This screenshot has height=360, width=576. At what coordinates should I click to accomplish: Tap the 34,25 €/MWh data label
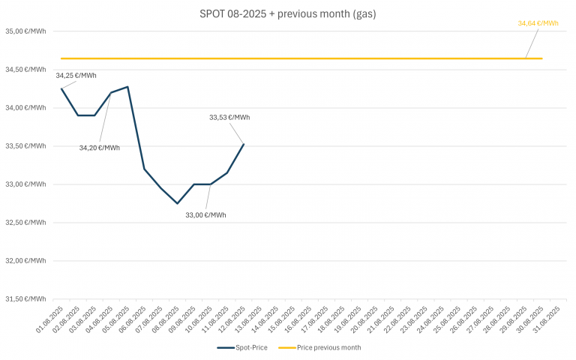tap(76, 75)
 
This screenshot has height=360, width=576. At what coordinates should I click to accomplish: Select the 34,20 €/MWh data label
tap(100, 148)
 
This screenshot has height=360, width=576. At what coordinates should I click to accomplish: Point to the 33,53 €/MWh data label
tap(229, 117)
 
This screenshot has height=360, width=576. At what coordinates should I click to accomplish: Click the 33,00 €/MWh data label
tap(206, 215)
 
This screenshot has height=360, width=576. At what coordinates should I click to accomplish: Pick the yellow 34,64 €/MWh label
tap(538, 23)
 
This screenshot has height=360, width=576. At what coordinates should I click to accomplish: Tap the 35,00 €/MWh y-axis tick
tap(25, 31)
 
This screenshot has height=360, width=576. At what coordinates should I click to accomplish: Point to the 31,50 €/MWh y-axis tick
tap(25, 299)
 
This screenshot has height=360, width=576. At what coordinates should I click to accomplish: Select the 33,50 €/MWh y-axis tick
tap(25, 146)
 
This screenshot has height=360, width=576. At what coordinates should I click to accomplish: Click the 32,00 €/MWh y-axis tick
tap(25, 261)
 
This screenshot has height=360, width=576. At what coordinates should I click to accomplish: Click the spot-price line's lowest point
tap(177, 203)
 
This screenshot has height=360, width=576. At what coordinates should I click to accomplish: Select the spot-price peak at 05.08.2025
tap(127, 87)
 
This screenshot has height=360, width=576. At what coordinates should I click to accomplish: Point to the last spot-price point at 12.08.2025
tap(244, 144)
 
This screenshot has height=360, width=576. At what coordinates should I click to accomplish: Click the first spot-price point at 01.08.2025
tap(61, 88)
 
